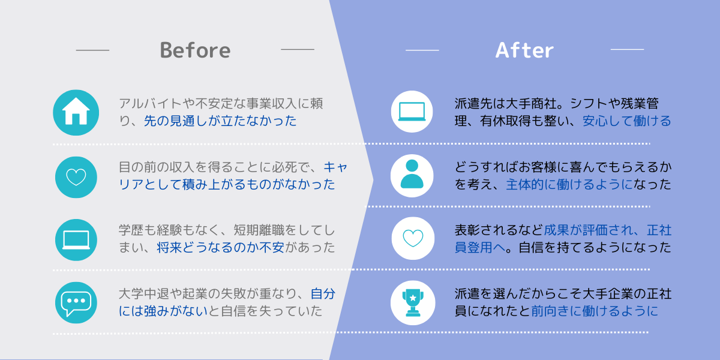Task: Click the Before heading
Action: click(x=195, y=50)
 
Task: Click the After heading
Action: click(x=524, y=50)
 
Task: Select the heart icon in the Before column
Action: click(x=76, y=177)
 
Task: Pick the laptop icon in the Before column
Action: click(x=76, y=240)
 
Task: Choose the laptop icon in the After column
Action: click(x=412, y=112)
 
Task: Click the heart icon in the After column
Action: click(x=413, y=238)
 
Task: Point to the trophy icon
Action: click(x=413, y=302)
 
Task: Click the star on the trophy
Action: click(x=413, y=298)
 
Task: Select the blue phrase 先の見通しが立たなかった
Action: click(x=220, y=121)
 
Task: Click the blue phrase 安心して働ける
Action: click(x=627, y=121)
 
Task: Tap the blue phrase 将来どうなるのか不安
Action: click(x=221, y=247)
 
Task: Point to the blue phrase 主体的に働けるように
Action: click(x=569, y=185)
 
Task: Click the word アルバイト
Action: click(x=151, y=103)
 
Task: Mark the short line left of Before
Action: click(x=92, y=50)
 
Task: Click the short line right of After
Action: click(x=627, y=49)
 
